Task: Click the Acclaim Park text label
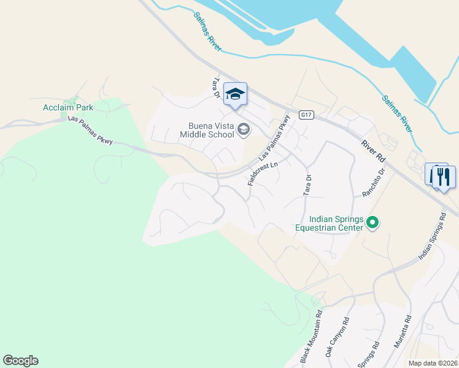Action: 68,107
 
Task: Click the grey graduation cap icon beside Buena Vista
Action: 244,129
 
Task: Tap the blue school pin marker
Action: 235,94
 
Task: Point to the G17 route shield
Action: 306,115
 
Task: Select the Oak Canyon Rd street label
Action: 337,338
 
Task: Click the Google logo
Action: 20,361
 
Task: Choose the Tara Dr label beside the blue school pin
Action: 215,88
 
